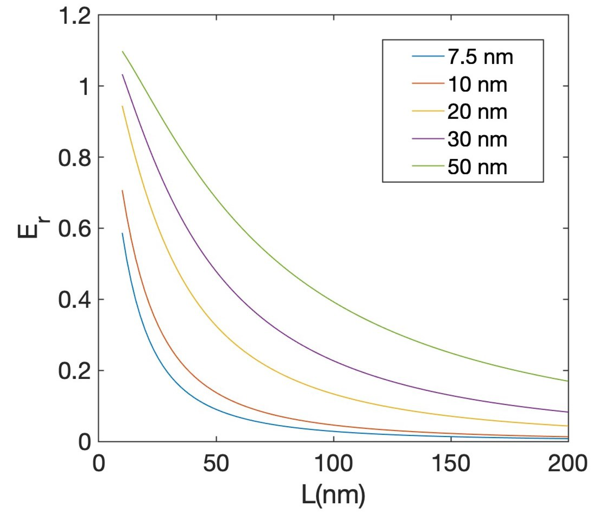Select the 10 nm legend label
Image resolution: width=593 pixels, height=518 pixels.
tap(477, 85)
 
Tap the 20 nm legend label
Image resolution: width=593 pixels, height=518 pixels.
tap(477, 112)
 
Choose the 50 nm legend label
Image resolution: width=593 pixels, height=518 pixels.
tap(477, 167)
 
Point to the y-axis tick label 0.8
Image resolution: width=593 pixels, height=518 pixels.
tap(74, 158)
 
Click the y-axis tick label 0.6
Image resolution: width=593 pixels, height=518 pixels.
tap(74, 229)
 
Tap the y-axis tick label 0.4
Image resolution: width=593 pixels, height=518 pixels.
tap(74, 300)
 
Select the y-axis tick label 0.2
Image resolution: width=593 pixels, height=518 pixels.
tap(74, 371)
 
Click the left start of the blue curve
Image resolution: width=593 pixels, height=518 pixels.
tap(122, 233)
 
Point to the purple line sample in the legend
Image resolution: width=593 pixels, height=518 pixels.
tap(428, 139)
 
